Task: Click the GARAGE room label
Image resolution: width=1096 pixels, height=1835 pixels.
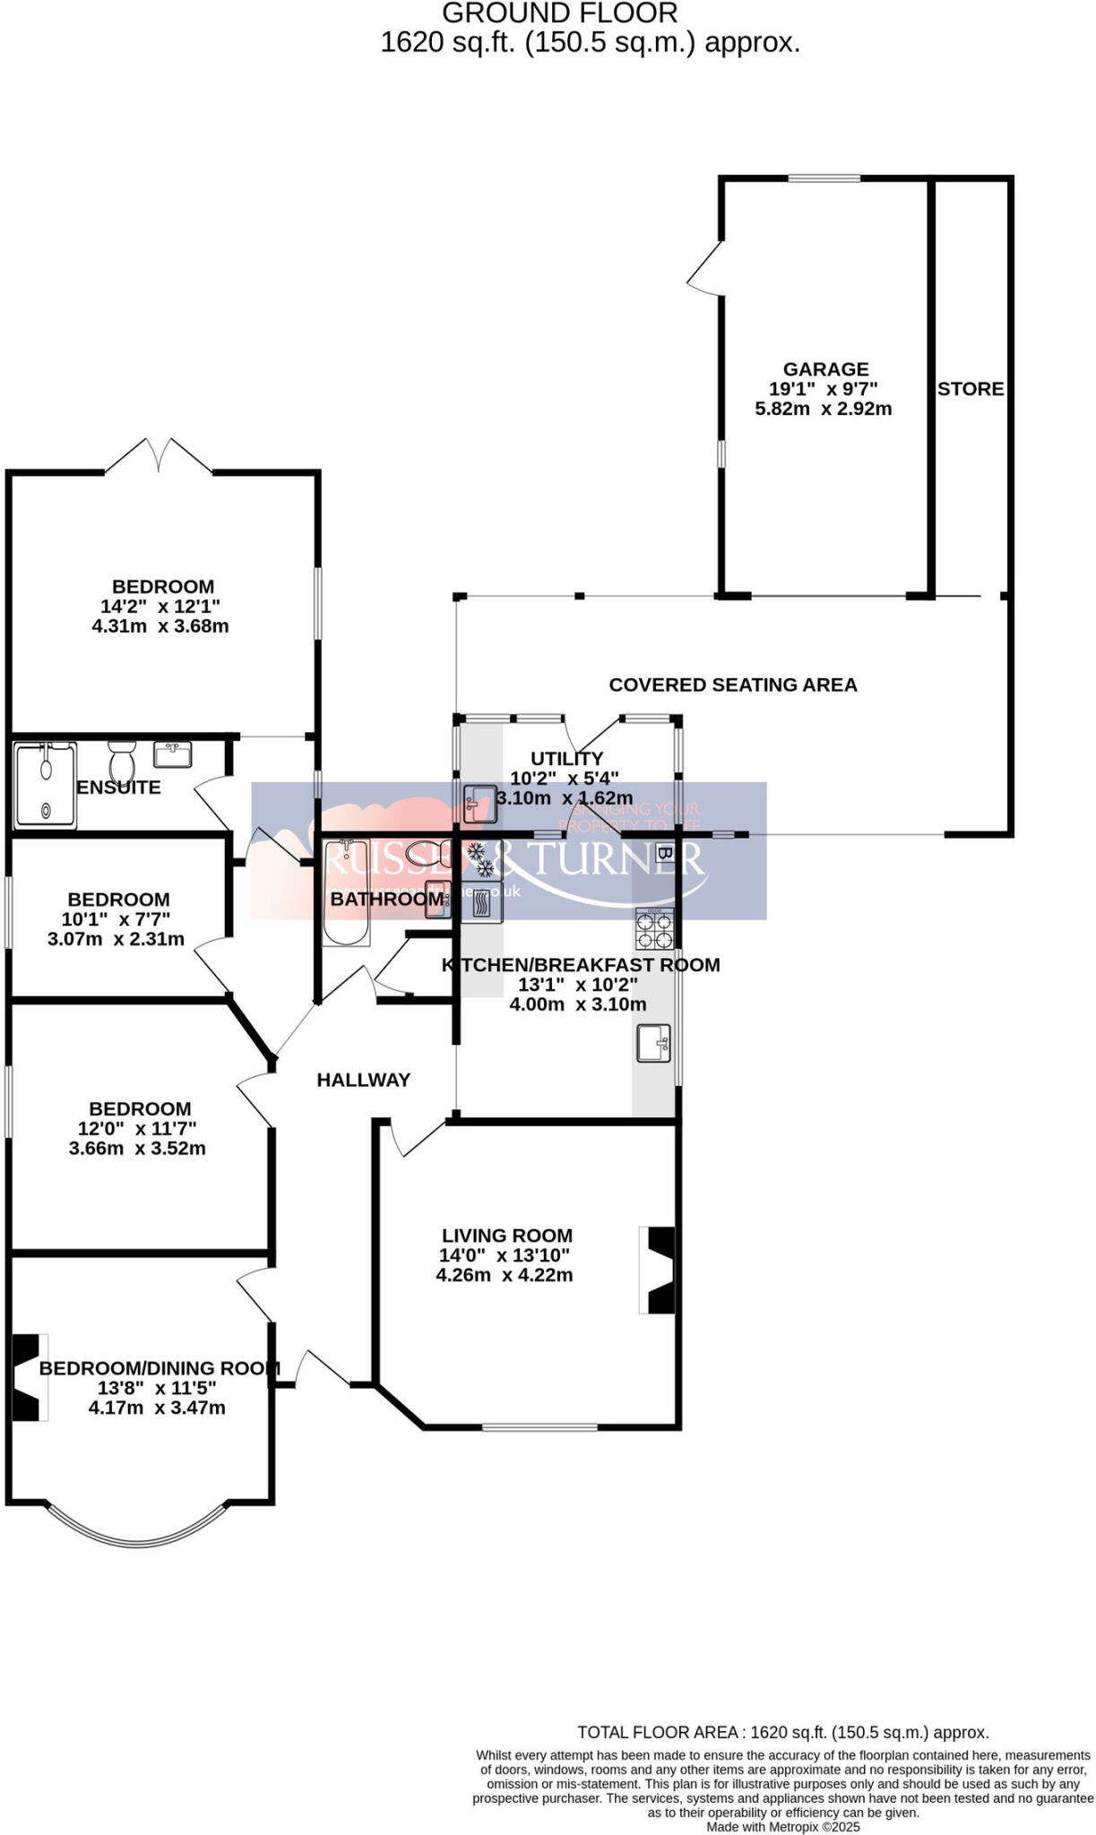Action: (825, 369)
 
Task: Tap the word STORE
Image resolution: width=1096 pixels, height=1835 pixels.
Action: (971, 389)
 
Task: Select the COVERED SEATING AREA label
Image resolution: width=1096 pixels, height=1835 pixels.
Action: (732, 685)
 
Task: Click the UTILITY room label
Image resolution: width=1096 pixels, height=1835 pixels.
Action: (566, 758)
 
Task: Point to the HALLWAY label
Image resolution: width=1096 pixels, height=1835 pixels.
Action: (363, 1080)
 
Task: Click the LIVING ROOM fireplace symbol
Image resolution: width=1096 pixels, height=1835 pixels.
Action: (660, 1270)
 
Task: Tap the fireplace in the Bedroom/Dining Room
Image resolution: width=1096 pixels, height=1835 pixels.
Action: (28, 1377)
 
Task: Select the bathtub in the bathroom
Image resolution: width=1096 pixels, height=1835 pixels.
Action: (346, 892)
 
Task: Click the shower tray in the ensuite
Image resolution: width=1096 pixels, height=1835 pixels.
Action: (45, 786)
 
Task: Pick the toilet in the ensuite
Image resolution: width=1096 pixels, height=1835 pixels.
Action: (121, 763)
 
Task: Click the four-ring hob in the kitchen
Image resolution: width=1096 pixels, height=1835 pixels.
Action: (654, 928)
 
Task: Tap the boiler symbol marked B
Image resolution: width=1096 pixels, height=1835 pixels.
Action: (664, 852)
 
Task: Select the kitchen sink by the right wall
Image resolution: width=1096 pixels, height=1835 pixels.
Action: (653, 1043)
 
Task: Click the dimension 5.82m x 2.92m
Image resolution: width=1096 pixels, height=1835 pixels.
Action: (823, 409)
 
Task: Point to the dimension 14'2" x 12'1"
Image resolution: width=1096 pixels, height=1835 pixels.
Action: (160, 607)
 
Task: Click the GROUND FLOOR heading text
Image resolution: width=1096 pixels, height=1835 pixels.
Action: (560, 13)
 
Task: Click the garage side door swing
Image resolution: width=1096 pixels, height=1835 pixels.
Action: (706, 267)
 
